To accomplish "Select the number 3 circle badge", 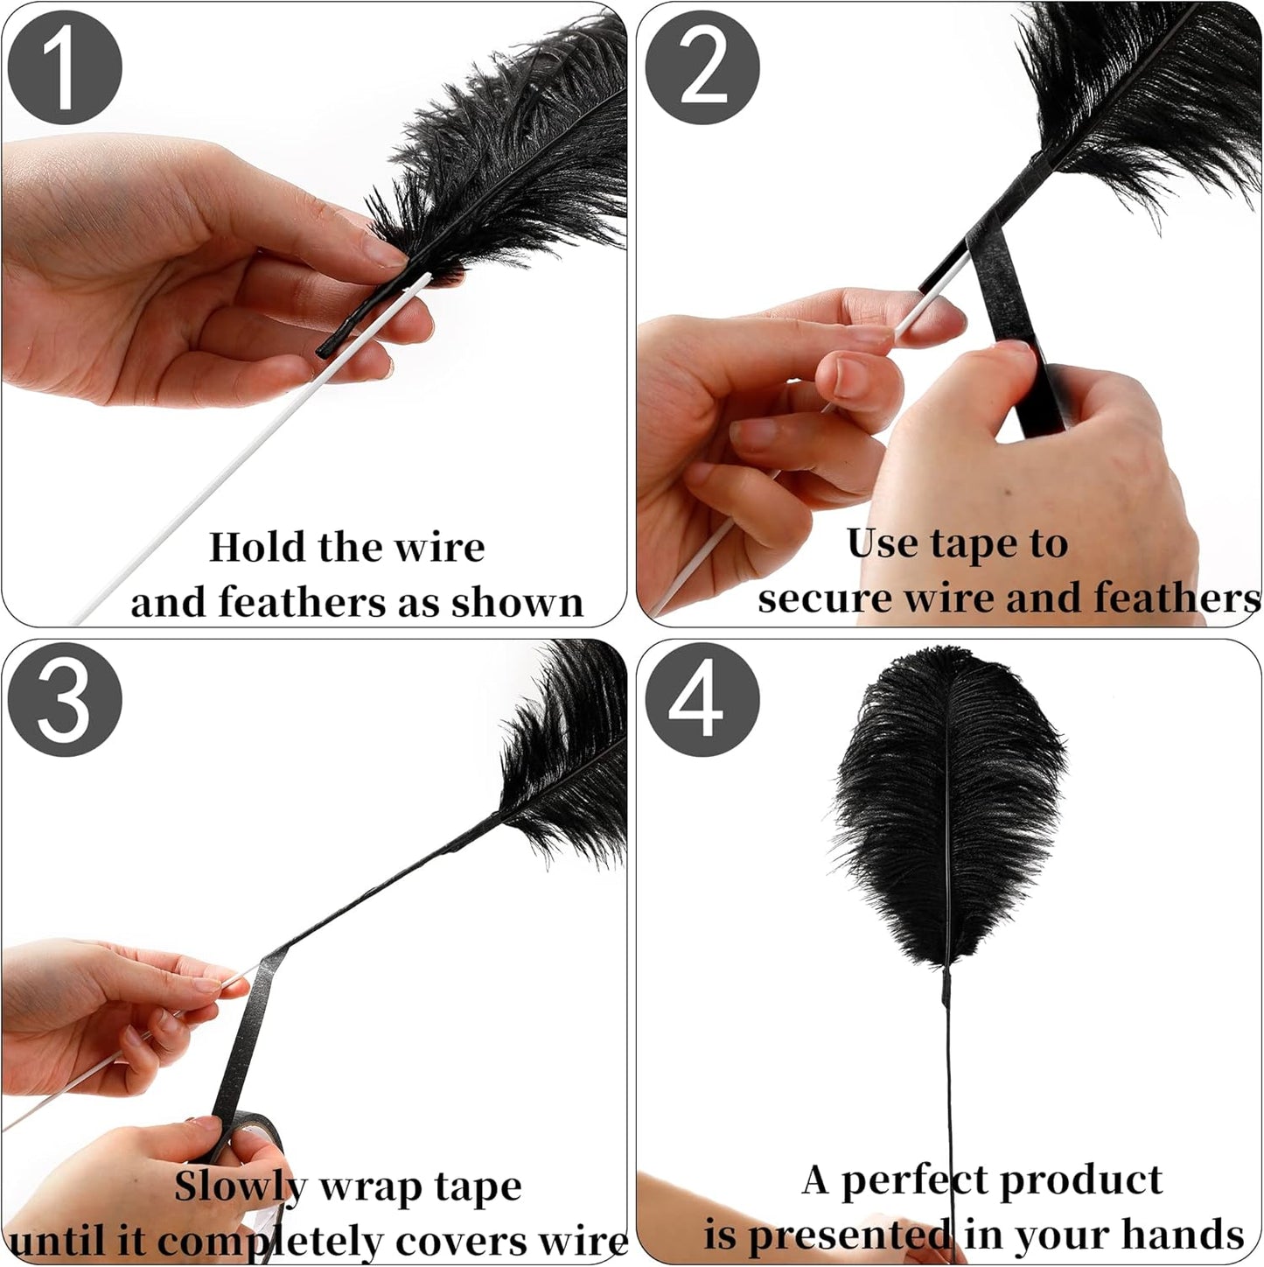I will (64, 701).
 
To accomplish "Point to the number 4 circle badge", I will (702, 701).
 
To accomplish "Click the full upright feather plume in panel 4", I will (949, 805).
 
